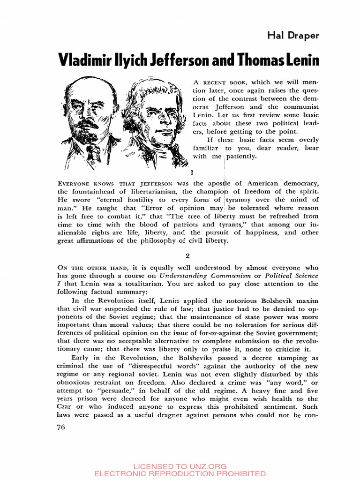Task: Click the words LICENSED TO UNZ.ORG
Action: click(x=180, y=466)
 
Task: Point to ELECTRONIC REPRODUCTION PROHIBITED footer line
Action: click(x=180, y=473)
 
